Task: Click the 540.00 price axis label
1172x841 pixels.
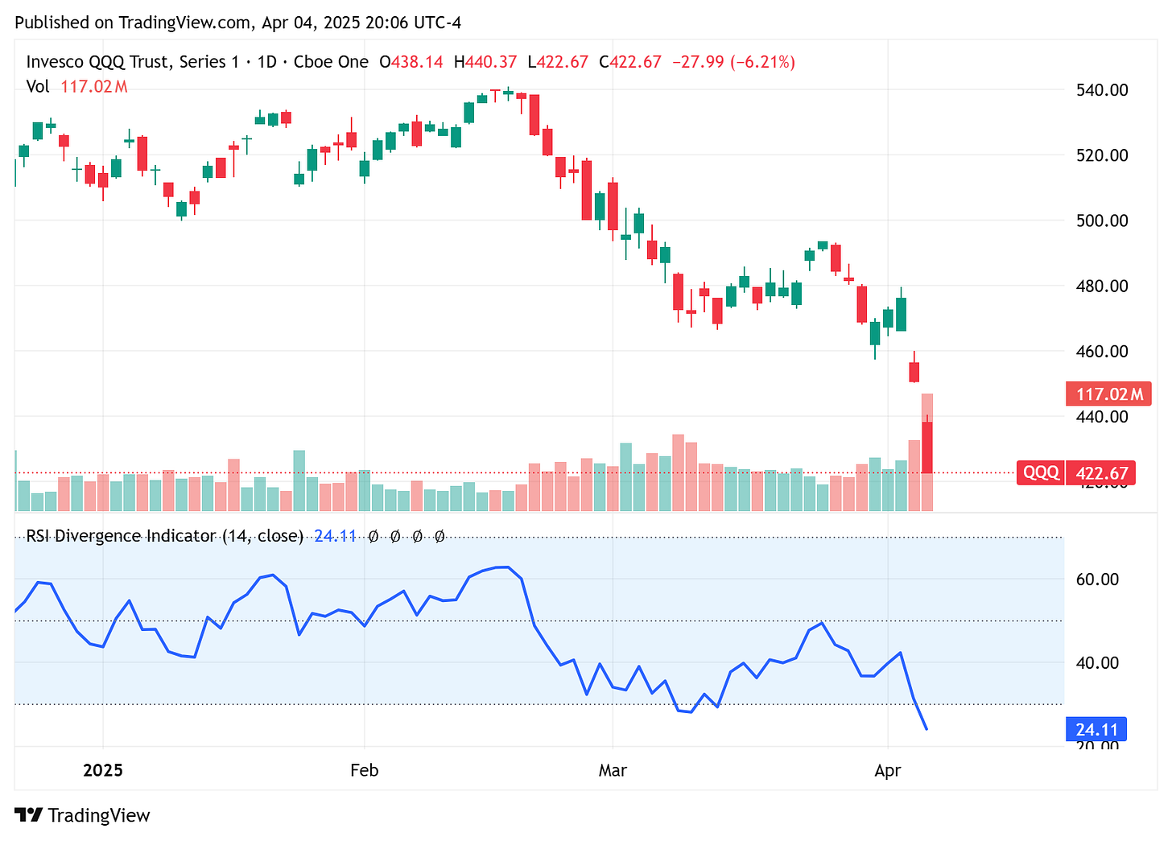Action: pos(1102,89)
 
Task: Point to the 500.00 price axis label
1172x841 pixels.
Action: pos(1102,221)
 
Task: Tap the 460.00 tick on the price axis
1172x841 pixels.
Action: pos(1102,351)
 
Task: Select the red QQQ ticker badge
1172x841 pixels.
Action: pos(1041,472)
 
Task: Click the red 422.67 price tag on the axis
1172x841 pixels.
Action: pos(1101,472)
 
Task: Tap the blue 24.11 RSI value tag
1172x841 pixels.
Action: pos(1096,730)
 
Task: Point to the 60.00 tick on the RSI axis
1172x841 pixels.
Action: pos(1098,579)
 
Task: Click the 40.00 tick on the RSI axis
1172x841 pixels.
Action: pos(1098,662)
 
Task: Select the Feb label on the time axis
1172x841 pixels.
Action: pos(364,770)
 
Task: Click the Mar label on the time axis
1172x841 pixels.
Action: pos(613,770)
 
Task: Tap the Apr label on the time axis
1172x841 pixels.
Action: pos(887,770)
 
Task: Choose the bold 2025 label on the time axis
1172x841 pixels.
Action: pos(103,770)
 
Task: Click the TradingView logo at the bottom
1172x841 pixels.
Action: pos(83,815)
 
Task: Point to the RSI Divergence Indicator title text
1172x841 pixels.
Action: pos(164,536)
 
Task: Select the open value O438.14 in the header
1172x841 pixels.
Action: pos(411,62)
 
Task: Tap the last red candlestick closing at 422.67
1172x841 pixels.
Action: pos(927,447)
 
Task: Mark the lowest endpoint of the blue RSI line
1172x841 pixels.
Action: pos(927,729)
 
